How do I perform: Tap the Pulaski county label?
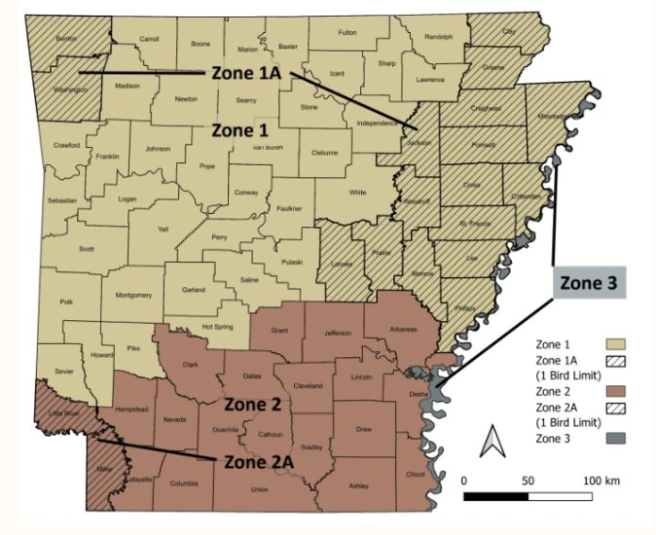[290, 261]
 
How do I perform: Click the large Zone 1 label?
[238, 129]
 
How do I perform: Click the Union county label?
[259, 489]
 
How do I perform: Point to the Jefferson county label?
[337, 332]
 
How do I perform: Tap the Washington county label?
[70, 89]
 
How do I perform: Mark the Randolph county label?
[438, 37]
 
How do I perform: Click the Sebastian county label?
[61, 201]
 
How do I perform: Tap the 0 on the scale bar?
[464, 480]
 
